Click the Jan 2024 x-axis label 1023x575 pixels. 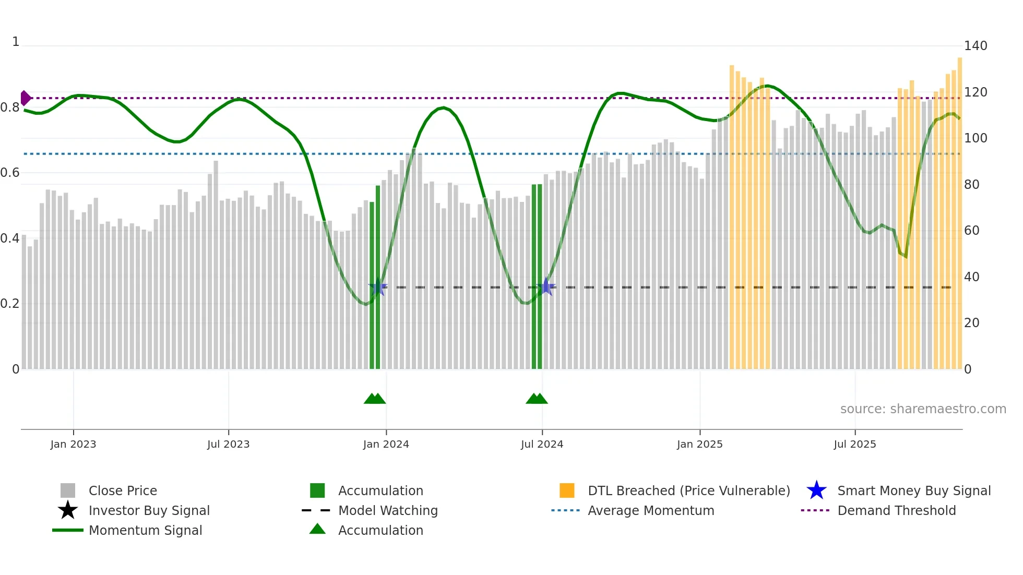386,445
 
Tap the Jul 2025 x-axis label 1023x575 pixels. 854,445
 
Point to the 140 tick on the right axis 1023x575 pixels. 975,46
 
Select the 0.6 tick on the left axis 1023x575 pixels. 10,173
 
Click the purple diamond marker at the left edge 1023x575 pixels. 25,98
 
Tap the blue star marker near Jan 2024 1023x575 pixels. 378,287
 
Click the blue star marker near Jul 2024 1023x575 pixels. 546,286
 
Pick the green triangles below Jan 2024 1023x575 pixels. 375,399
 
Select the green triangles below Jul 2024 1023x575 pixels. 537,399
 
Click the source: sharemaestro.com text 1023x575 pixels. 923,409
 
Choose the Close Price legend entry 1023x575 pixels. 122,491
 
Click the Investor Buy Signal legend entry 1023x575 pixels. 149,511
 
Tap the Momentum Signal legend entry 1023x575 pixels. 145,531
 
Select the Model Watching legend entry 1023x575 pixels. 387,511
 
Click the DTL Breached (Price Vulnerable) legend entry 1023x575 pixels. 688,491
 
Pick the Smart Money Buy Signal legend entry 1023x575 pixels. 913,491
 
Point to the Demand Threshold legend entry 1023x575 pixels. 896,511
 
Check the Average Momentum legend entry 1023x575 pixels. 650,511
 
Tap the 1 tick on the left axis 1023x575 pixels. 16,42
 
